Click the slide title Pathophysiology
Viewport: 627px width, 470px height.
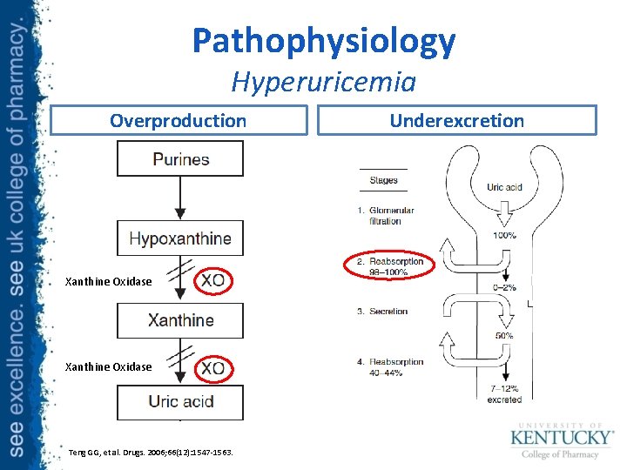click(324, 41)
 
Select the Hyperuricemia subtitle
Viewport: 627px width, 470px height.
click(324, 83)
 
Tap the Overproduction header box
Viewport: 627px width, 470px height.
click(179, 121)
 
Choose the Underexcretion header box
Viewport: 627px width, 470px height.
click(456, 121)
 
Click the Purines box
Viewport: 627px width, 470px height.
click(180, 159)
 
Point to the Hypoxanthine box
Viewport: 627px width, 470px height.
click(180, 238)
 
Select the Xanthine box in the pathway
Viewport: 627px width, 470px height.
click(180, 320)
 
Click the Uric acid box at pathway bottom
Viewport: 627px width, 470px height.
click(180, 401)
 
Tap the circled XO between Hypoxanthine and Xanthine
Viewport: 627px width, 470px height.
click(212, 280)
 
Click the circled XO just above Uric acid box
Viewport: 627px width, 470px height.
click(212, 368)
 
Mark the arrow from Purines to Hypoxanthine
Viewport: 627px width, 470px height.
click(180, 198)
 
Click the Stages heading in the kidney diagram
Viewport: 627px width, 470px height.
click(383, 180)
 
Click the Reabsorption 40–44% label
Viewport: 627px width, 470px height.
click(393, 366)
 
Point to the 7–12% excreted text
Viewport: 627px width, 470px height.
click(504, 394)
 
